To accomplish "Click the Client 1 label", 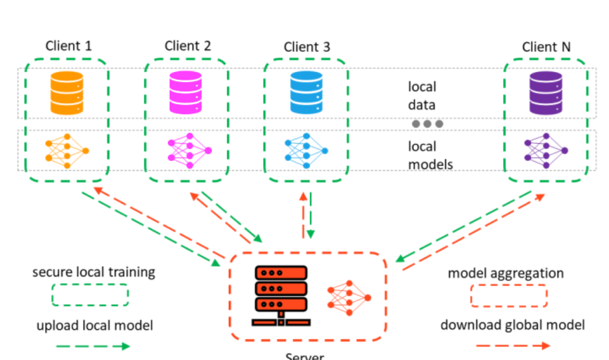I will click(x=69, y=46).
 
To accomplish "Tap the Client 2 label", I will click(x=188, y=46).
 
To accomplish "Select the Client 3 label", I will click(x=307, y=46).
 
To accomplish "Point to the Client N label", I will click(x=546, y=46).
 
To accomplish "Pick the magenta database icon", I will click(x=186, y=92).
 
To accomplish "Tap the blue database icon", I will click(x=306, y=92).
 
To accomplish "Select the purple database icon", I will click(x=546, y=92).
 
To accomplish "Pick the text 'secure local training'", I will click(x=93, y=273).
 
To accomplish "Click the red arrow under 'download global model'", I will click(x=513, y=346).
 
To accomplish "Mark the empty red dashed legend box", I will click(x=509, y=295).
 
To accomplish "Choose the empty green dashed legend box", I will click(x=90, y=295).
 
